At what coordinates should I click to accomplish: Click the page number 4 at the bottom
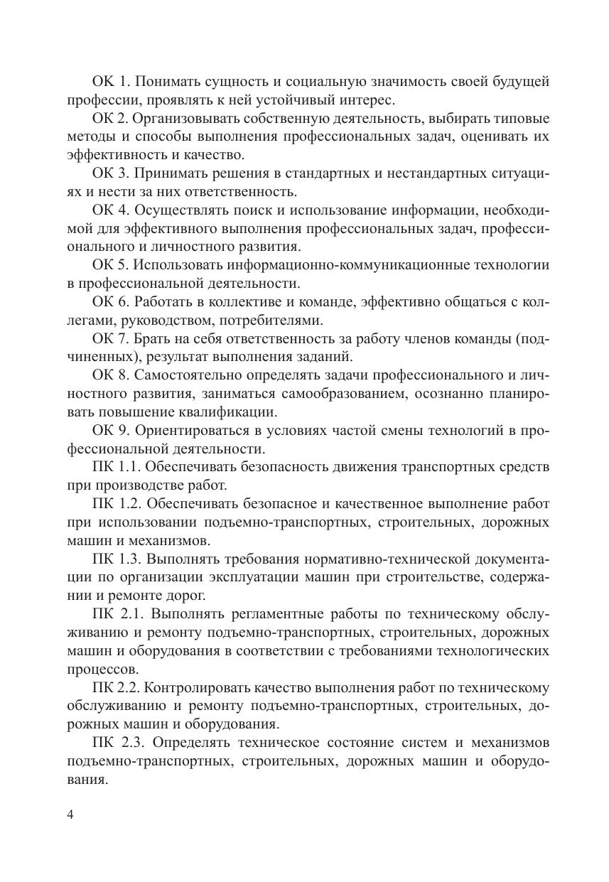70,815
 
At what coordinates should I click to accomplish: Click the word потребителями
281,320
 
